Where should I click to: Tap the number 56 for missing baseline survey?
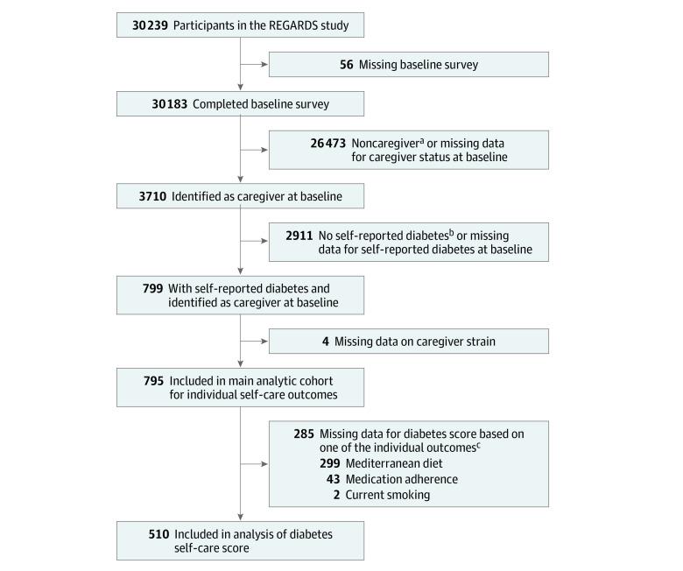[347, 65]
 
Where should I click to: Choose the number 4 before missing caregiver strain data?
[326, 341]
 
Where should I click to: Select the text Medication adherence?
[401, 480]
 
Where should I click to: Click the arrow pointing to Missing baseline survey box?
[262, 65]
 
